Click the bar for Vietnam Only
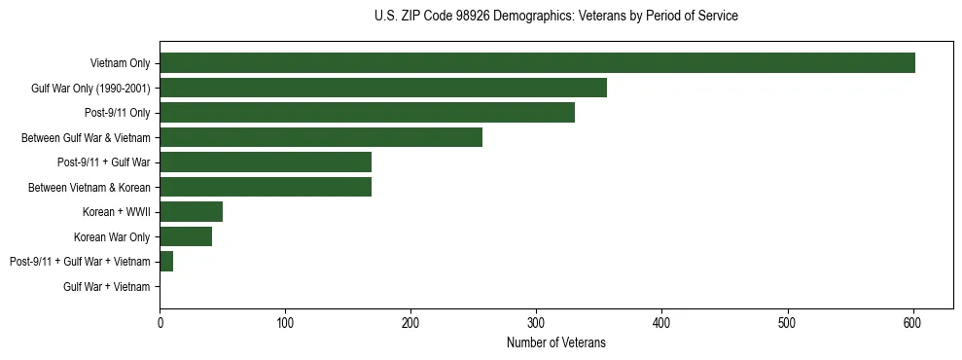[x=537, y=63]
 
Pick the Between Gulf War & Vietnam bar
[x=321, y=137]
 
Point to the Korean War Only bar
[x=186, y=236]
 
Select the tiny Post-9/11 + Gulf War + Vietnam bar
[x=166, y=261]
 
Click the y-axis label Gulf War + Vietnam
[x=107, y=286]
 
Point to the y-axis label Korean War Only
[x=112, y=236]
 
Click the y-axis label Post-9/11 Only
[x=118, y=113]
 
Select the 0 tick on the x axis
[x=160, y=323]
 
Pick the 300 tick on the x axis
[x=536, y=323]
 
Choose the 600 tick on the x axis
[x=912, y=323]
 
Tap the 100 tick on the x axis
[x=285, y=323]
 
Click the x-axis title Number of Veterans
[x=555, y=342]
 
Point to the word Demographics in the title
[x=534, y=17]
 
